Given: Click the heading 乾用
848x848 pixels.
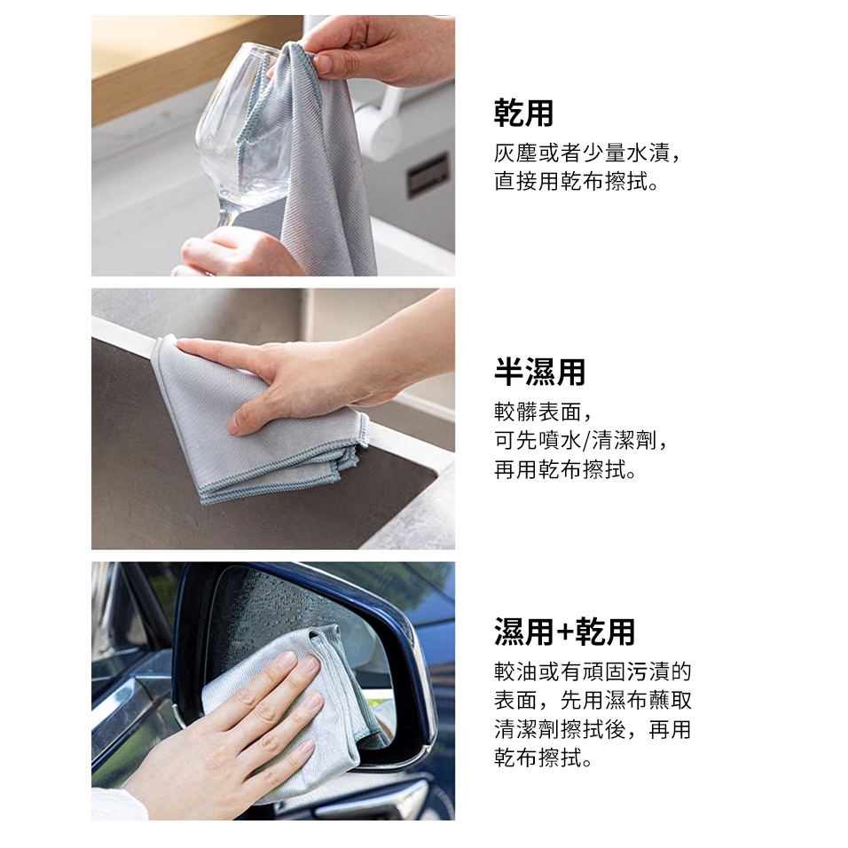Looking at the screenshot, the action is pyautogui.click(x=523, y=113).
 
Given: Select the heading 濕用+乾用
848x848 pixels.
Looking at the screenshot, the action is pyautogui.click(x=564, y=632).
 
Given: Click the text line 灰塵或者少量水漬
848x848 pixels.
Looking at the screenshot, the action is pyautogui.click(x=587, y=153).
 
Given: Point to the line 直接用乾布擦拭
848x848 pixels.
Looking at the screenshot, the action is pyautogui.click(x=577, y=182).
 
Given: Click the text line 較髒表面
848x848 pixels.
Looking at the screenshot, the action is pyautogui.click(x=543, y=412).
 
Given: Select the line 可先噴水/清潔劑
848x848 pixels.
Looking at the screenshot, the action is pyautogui.click(x=582, y=441).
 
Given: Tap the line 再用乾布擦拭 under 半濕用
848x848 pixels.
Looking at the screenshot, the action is pyautogui.click(x=565, y=469).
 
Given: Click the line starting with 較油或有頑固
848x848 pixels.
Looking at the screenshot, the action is pyautogui.click(x=593, y=672).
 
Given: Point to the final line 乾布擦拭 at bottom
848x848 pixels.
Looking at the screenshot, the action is pyautogui.click(x=544, y=758).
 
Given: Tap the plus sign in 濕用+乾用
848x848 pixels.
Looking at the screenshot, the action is pyautogui.click(x=563, y=632).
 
